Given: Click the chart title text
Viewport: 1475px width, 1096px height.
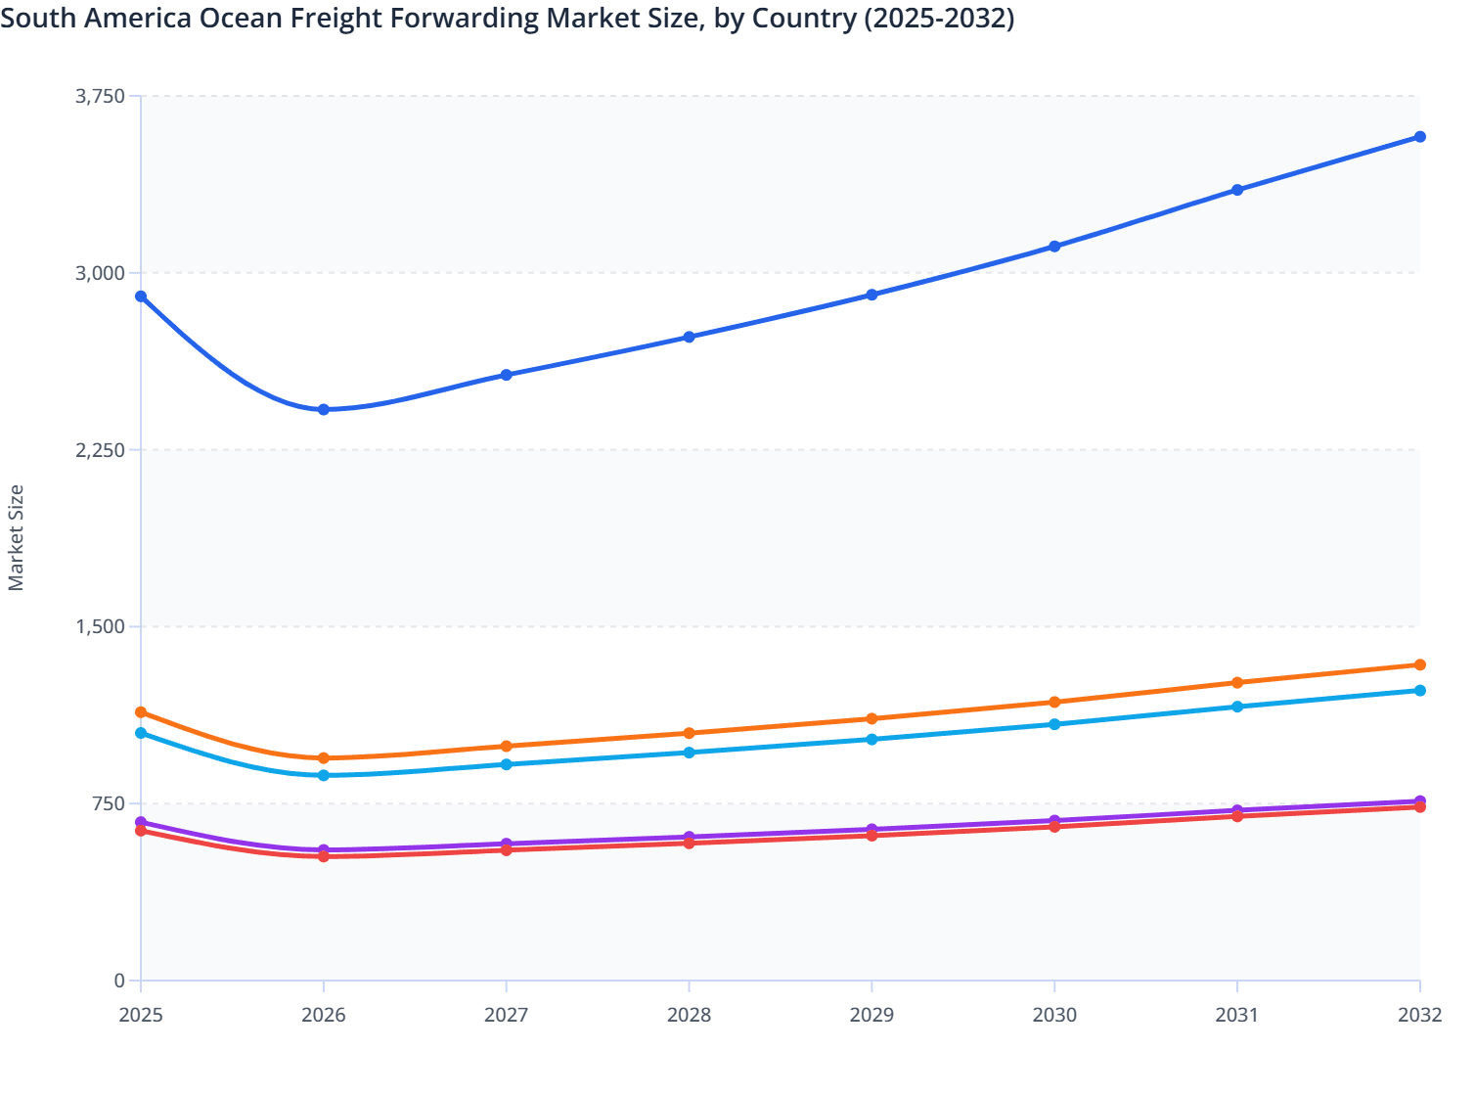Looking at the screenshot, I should [507, 18].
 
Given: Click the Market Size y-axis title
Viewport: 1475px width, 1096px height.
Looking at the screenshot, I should [16, 537].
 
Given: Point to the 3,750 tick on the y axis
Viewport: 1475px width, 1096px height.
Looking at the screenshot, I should [101, 96].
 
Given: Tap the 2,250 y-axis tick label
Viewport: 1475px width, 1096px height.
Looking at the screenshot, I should [101, 450].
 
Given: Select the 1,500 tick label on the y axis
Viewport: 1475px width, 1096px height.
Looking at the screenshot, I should [101, 626].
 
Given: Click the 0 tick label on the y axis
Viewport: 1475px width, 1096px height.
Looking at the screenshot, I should [119, 981].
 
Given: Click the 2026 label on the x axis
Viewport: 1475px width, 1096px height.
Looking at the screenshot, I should [324, 1015].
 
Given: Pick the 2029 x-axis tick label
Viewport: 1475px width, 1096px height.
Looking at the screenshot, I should [872, 1015].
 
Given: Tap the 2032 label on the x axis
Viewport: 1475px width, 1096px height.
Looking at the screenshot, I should [1419, 1015].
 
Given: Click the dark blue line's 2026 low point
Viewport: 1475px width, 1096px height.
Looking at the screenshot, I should [324, 410].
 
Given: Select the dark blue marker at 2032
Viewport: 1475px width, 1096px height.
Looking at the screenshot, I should [1420, 137].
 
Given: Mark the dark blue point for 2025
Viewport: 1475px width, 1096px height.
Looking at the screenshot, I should [141, 297].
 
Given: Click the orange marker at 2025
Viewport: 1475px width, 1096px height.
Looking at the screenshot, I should [141, 712].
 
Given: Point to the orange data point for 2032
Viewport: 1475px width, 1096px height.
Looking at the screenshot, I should [1420, 665].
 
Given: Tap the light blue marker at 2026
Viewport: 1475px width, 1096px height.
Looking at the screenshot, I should [324, 775].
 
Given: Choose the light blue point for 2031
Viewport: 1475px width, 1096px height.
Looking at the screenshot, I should [1237, 707].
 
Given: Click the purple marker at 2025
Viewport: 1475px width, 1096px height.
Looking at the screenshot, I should [141, 822].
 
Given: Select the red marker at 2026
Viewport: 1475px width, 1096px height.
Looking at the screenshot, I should [324, 856].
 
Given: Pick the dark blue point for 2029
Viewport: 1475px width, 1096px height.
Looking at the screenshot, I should [872, 295].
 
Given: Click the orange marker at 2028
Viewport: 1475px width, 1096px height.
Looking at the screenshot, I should [689, 733].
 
